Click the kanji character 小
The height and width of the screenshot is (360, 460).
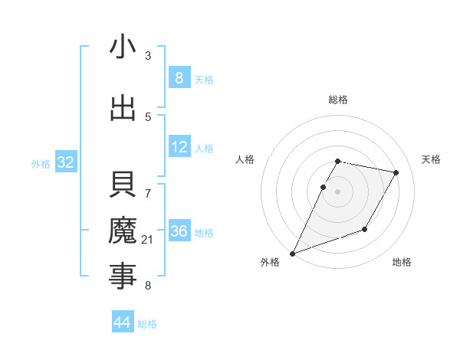[x=123, y=47]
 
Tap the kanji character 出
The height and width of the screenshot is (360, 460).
[x=123, y=108]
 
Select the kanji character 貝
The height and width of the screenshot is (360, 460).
[x=123, y=186]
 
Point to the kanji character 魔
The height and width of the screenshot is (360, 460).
[x=123, y=231]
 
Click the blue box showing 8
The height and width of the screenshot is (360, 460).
[x=179, y=78]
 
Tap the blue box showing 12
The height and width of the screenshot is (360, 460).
[x=179, y=147]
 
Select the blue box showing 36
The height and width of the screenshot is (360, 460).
[x=179, y=231]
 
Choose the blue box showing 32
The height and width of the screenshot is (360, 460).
[x=65, y=162]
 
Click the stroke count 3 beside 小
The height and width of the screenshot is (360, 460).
[x=148, y=56]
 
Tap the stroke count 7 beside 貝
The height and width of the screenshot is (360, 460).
[x=148, y=185]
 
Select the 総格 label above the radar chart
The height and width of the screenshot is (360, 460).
[x=338, y=100]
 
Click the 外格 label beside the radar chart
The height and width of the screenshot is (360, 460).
[x=270, y=262]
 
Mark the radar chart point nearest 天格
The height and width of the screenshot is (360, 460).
[x=396, y=173]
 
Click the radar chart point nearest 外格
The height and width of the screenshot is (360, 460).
[x=292, y=253]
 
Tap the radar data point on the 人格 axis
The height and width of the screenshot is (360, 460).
[x=323, y=187]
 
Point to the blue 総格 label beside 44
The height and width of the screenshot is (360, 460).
[x=147, y=324]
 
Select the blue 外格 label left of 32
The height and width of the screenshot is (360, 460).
[x=40, y=163]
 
